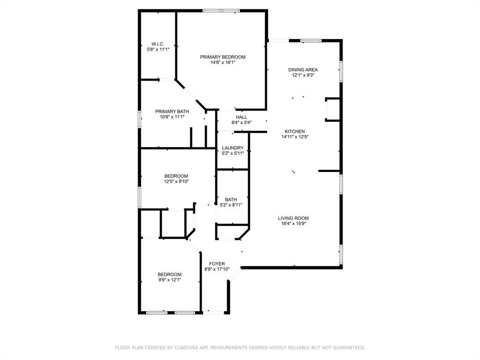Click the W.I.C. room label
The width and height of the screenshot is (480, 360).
coord(157,44)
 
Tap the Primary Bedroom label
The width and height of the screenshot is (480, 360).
coord(223,57)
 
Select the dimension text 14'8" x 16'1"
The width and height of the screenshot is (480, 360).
coord(223,62)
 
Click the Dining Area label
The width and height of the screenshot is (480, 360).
coord(303,70)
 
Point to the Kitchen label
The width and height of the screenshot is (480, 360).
coord(295,131)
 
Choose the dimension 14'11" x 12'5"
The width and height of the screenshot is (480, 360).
coord(295,137)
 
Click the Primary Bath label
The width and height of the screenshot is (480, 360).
coord(172,112)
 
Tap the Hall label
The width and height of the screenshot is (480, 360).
coord(241,117)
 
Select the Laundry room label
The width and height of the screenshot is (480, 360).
coord(232,148)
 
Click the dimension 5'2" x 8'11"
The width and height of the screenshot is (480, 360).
coord(231,205)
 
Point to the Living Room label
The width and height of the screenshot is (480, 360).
coord(293,218)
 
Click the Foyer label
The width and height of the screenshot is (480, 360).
coord(217,264)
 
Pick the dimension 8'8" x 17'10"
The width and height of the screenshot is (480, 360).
coord(217,270)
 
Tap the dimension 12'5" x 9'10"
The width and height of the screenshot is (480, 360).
coord(176,181)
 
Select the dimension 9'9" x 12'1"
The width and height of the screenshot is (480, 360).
coord(170,280)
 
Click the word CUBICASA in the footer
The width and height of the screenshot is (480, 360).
coord(186,348)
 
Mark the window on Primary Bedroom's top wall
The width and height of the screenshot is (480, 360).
coord(221,11)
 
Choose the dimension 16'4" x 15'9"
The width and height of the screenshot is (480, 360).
coord(293,224)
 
